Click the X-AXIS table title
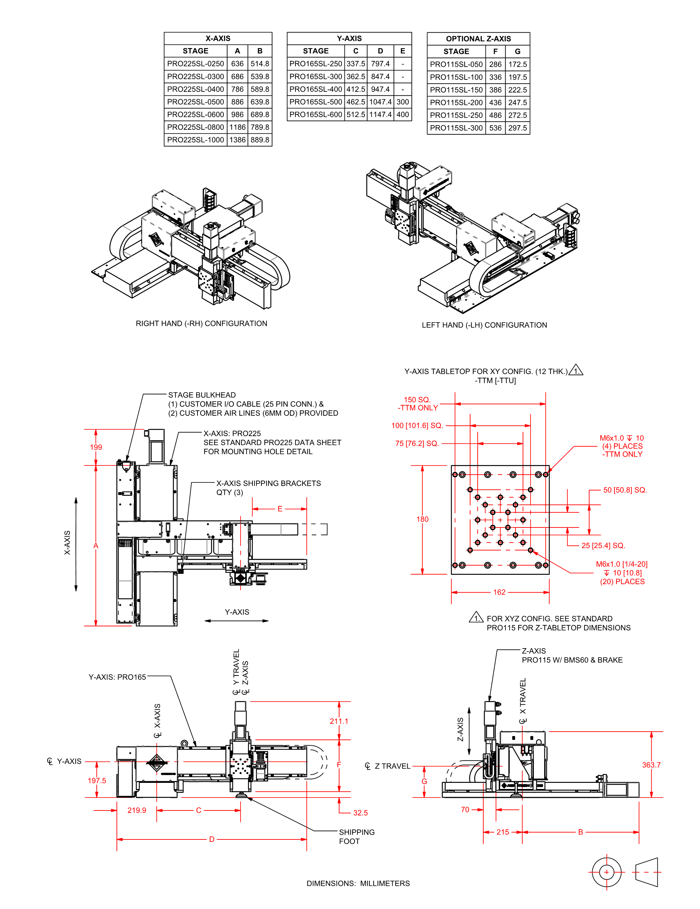(218, 38)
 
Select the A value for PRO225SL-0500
(237, 102)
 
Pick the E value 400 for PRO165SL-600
(402, 115)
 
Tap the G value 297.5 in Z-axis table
(517, 128)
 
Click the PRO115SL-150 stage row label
(456, 90)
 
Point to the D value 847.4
(380, 77)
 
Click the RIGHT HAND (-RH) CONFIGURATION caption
(202, 323)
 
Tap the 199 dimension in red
(96, 447)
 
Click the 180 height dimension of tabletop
(422, 519)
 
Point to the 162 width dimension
(499, 592)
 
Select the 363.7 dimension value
(651, 765)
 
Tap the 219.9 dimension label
(136, 810)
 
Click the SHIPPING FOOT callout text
(356, 837)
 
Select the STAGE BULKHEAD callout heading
(202, 395)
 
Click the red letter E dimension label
(280, 509)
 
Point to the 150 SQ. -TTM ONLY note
(417, 404)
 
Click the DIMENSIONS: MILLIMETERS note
(358, 883)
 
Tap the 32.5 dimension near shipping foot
(360, 813)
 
